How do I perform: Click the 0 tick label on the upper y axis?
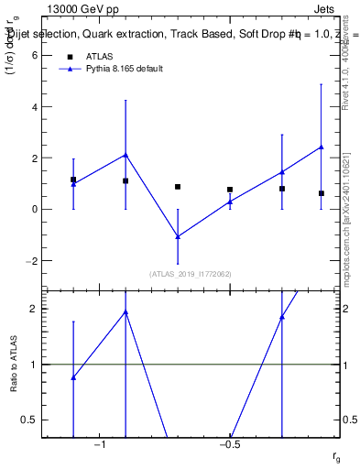(x=32, y=209)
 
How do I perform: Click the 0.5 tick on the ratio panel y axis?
(x=28, y=420)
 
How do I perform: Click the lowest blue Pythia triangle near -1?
(x=178, y=236)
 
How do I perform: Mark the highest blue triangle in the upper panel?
(x=321, y=147)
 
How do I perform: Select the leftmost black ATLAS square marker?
(x=73, y=180)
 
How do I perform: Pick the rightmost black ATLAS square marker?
(x=321, y=193)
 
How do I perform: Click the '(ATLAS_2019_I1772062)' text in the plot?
(x=191, y=274)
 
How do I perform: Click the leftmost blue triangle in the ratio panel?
(x=73, y=377)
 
